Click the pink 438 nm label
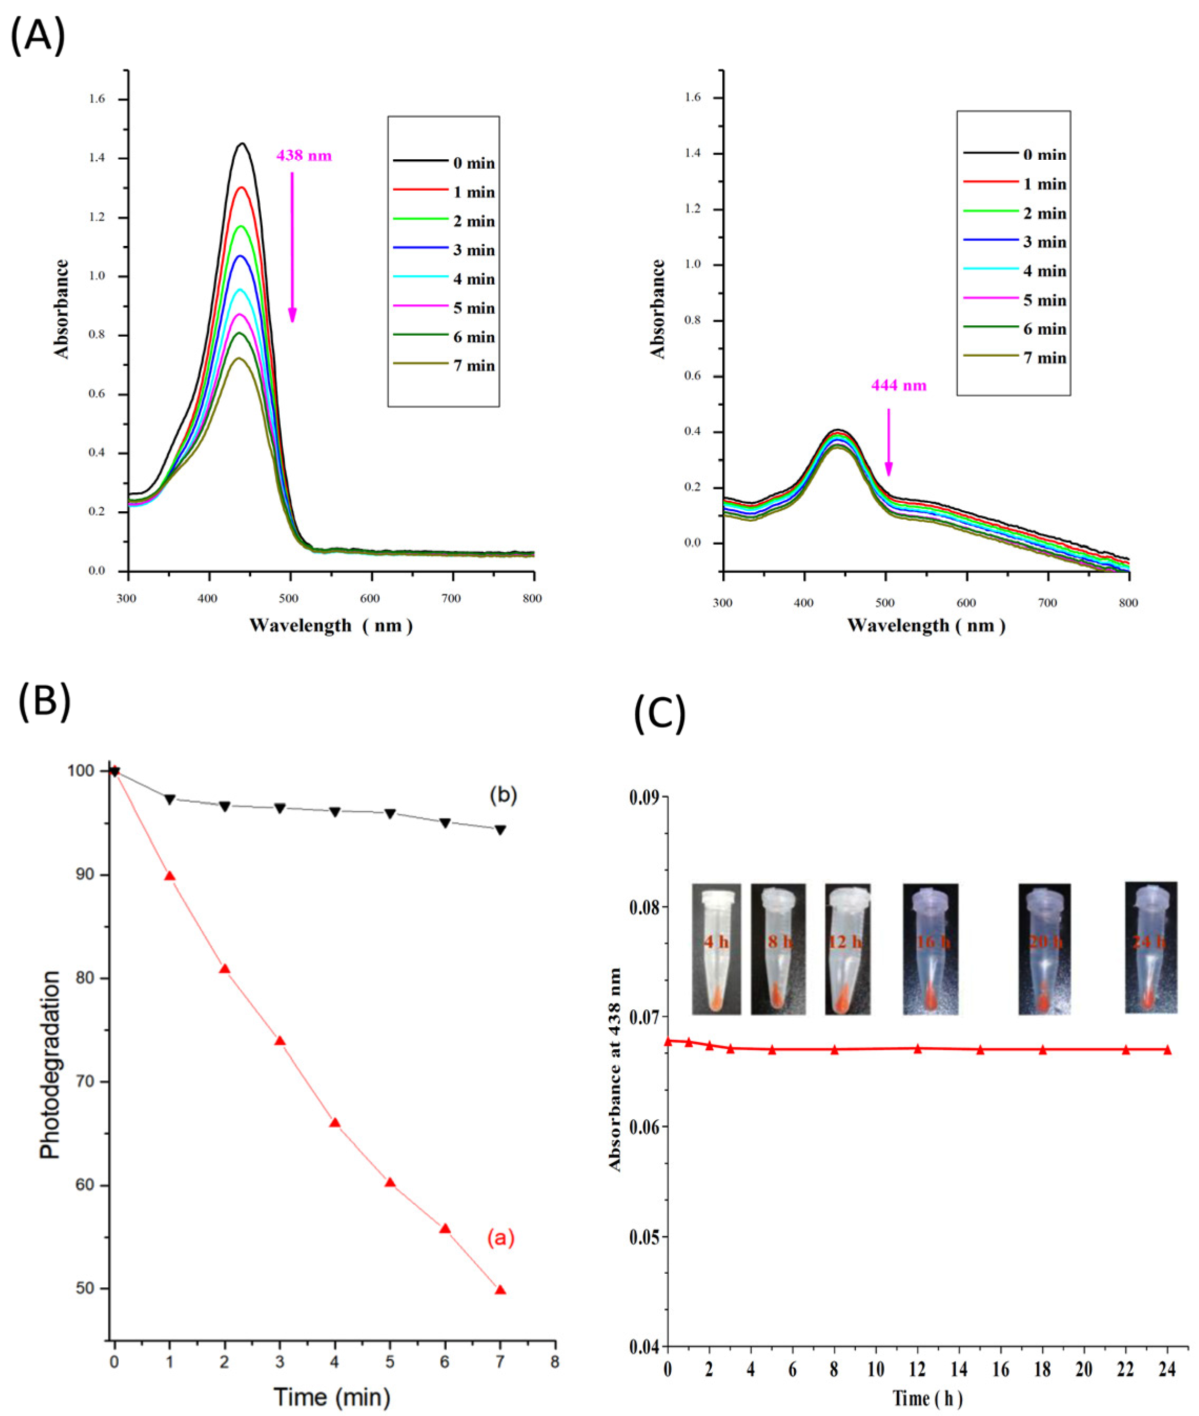coord(304,156)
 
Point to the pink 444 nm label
coord(898,385)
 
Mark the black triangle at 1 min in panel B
coord(170,799)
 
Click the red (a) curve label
coord(500,1238)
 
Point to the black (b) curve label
coord(504,795)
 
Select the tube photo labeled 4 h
coord(716,948)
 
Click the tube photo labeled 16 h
coord(930,948)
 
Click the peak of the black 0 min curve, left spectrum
coord(241,143)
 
